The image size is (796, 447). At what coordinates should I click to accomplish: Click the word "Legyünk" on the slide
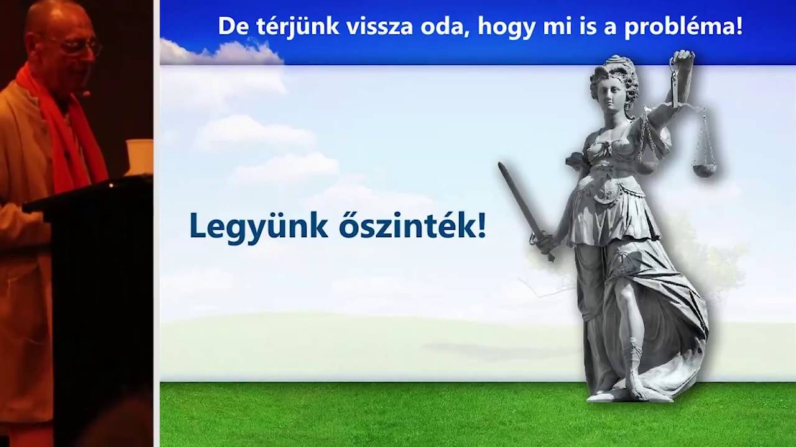point(258,226)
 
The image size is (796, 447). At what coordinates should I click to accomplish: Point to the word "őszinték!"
point(412,226)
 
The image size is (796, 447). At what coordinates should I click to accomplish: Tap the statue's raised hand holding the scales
point(682,60)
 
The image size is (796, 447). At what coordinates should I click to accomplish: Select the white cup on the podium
point(139,156)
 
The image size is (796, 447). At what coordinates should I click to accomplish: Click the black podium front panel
point(103,310)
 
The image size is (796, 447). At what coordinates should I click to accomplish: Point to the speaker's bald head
point(56,16)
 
